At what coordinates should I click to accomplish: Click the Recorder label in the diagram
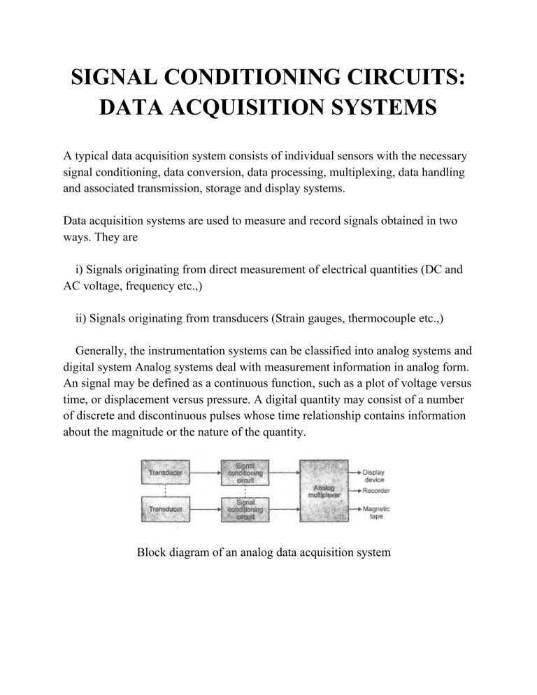(x=376, y=491)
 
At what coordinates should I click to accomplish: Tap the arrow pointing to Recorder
(x=355, y=491)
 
